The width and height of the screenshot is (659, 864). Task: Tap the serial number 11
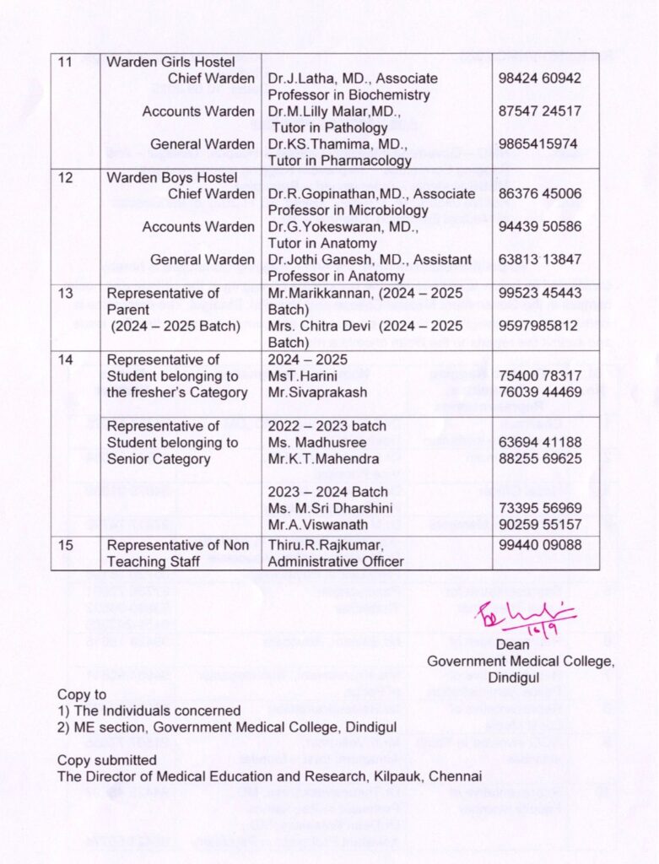point(65,62)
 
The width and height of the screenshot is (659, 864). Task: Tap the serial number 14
point(65,359)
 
